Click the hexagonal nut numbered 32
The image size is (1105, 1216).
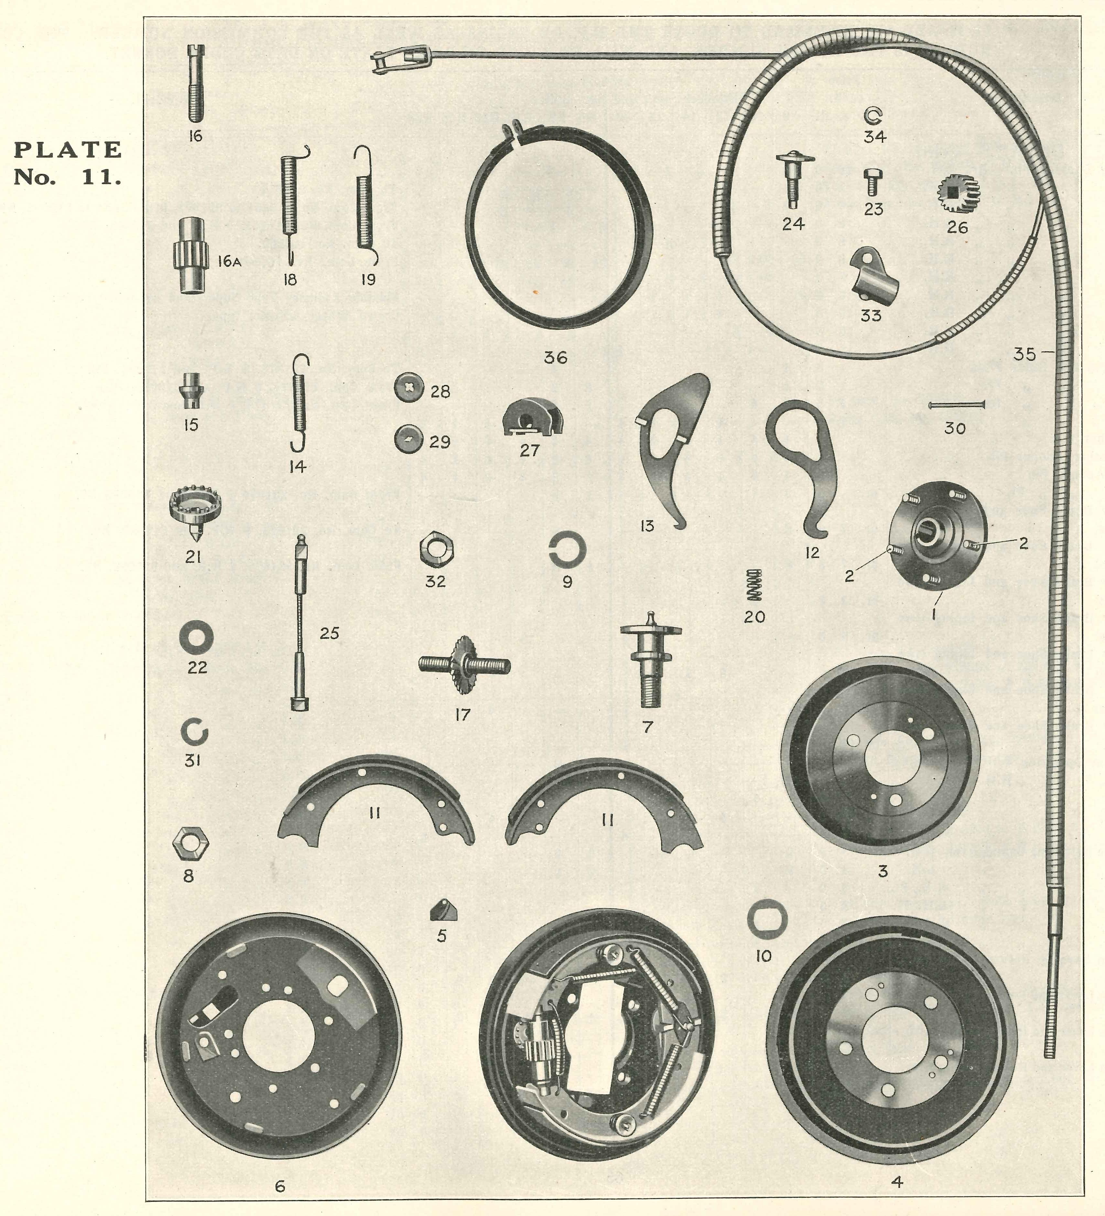tap(436, 550)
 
